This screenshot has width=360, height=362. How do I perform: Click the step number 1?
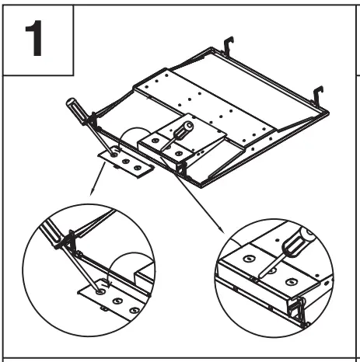pos(38,38)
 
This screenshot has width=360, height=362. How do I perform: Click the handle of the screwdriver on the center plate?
pos(186,127)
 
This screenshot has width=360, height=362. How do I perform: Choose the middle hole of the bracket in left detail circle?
pos(117,300)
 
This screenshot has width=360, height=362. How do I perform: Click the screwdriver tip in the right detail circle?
pos(260,274)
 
